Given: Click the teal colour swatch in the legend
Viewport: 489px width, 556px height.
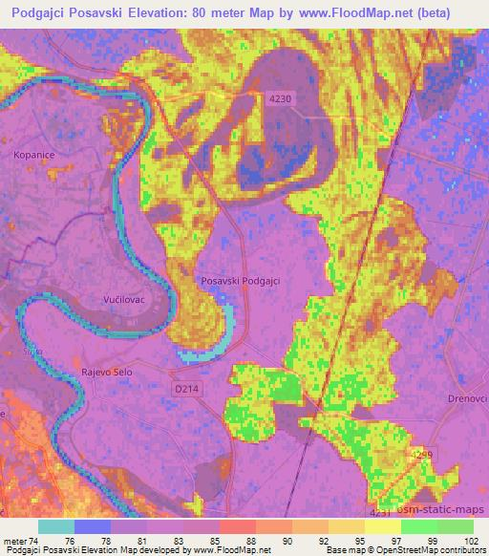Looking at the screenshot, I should pyautogui.click(x=56, y=526).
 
